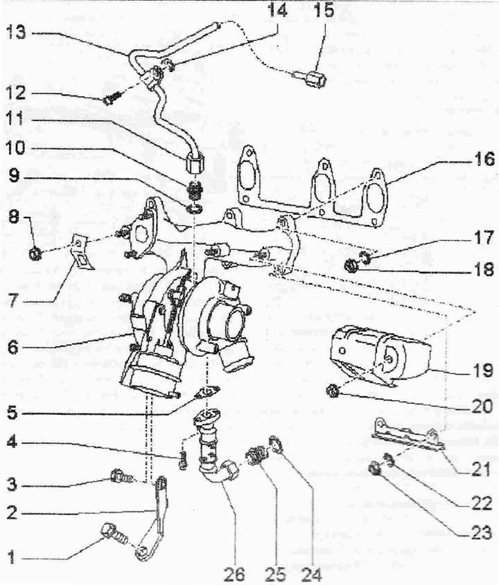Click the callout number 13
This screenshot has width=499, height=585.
[16, 33]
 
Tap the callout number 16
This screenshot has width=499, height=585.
[484, 159]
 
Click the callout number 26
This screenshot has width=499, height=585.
[234, 575]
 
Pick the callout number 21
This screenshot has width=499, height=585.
[481, 469]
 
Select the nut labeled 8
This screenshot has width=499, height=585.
[35, 253]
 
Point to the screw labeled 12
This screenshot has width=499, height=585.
[111, 98]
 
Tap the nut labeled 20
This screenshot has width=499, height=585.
[332, 391]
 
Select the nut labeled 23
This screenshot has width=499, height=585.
[374, 468]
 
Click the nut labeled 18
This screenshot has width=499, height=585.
[351, 266]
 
